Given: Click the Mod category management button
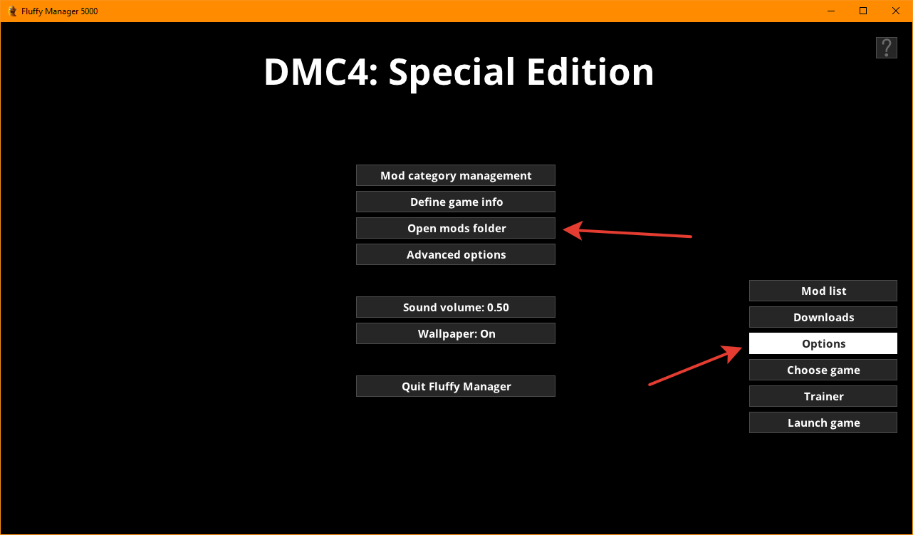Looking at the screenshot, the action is coord(456,175).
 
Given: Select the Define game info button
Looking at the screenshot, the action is coord(456,202).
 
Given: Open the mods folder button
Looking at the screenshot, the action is coord(456,228).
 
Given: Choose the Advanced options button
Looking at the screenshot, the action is coord(456,254).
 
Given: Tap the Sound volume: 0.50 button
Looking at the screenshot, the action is coord(456,307).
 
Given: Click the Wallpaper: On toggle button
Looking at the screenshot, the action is coord(456,333).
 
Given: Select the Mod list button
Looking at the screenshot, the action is coord(823,291).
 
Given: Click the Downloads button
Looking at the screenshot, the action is coord(823,317).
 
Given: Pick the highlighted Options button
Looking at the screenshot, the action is coord(823,343).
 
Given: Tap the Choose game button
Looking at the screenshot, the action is coord(823,370).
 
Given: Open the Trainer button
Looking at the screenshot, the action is coord(823,396).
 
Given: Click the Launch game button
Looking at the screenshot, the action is coord(823,422).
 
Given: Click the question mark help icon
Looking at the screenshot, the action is coord(887,48).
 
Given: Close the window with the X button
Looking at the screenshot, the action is coord(895,11).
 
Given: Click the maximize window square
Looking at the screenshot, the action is coord(863,11).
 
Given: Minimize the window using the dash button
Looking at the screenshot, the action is coord(831,11).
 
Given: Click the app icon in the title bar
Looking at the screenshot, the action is coord(13,11).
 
